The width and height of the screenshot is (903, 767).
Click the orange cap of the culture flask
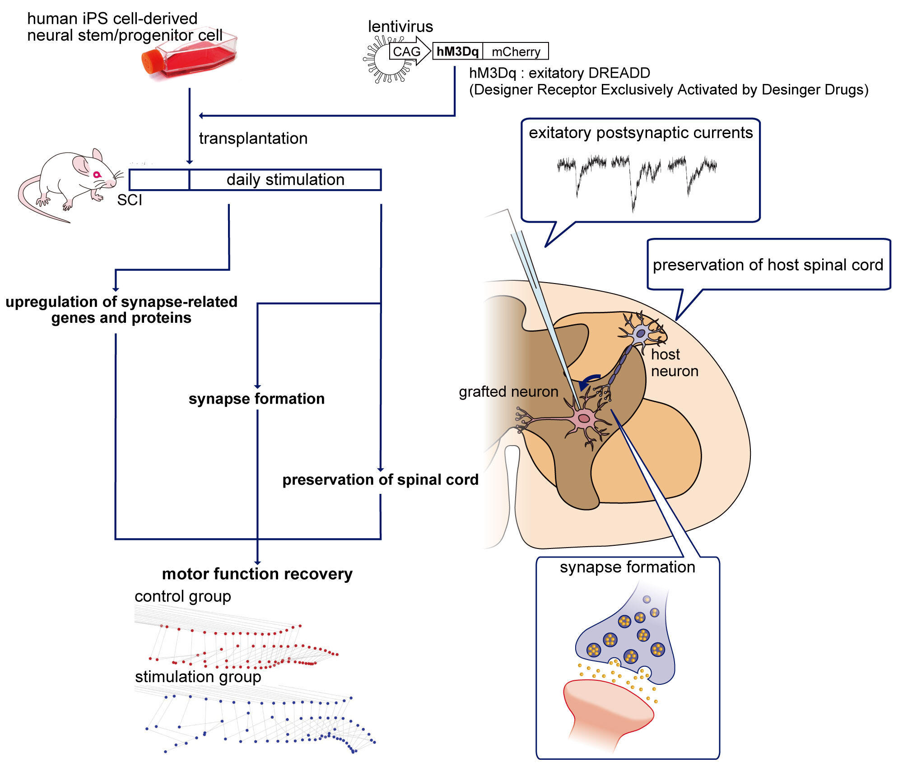[x=151, y=62]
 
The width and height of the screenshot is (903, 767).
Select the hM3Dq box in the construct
[x=457, y=51]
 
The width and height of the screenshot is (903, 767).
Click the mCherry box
[x=516, y=52]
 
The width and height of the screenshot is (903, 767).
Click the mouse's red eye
[x=96, y=174]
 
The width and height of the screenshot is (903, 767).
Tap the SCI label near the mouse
[x=130, y=200]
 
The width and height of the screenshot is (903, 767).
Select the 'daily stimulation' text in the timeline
[x=285, y=180]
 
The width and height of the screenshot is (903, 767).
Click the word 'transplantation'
[x=253, y=139]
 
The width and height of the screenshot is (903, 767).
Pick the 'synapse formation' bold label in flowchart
[x=256, y=399]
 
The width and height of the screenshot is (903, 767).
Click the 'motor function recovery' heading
[x=257, y=574]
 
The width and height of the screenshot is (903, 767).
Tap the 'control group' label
[x=183, y=596]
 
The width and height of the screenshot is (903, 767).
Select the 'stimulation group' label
[x=198, y=677]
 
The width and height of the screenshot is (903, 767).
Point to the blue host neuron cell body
[x=640, y=334]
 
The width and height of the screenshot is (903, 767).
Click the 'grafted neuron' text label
[x=508, y=391]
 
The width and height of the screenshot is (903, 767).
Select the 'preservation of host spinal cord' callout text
[x=768, y=265]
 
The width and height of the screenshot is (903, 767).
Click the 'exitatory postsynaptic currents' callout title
[x=641, y=133]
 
